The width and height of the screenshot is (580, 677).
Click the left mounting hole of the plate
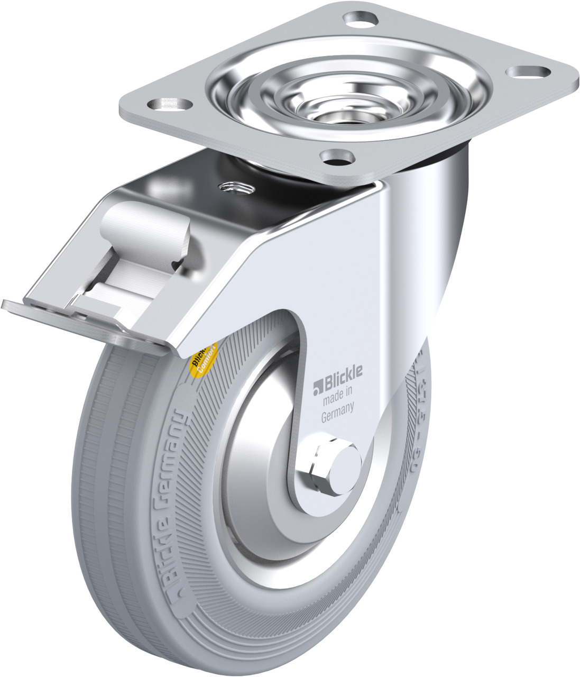tap(168, 103)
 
